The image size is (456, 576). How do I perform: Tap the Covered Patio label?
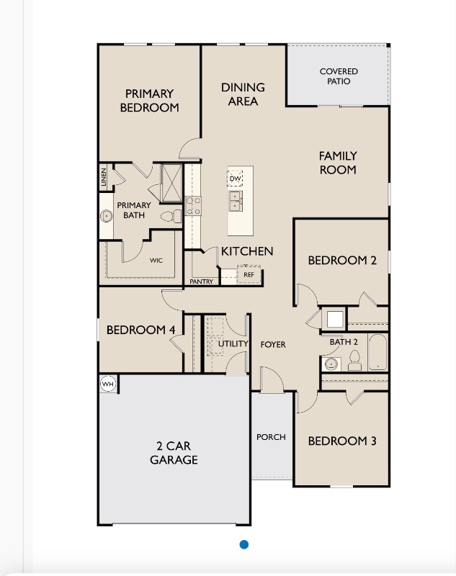pyautogui.click(x=339, y=76)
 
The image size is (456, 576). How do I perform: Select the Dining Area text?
pyautogui.click(x=243, y=94)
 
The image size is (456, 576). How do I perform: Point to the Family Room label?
pyautogui.click(x=338, y=163)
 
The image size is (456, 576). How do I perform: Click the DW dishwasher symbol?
pyautogui.click(x=235, y=178)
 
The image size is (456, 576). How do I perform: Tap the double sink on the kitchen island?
pyautogui.click(x=236, y=200)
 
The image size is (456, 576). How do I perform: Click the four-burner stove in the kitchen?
pyautogui.click(x=193, y=207)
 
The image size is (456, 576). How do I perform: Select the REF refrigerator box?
pyautogui.click(x=249, y=274)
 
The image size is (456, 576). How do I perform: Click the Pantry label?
pyautogui.click(x=202, y=282)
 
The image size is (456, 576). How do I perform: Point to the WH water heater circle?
pyautogui.click(x=108, y=384)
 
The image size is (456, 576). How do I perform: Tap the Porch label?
pyautogui.click(x=272, y=437)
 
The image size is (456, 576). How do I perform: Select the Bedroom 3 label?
pyautogui.click(x=342, y=441)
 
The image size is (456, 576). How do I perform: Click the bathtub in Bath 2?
pyautogui.click(x=378, y=354)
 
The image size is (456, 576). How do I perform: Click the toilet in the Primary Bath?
pyautogui.click(x=169, y=216)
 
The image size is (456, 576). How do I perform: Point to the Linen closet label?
pyautogui.click(x=104, y=179)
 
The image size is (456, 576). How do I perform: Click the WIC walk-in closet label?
pyautogui.click(x=156, y=261)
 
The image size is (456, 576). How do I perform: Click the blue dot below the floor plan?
pyautogui.click(x=244, y=544)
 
